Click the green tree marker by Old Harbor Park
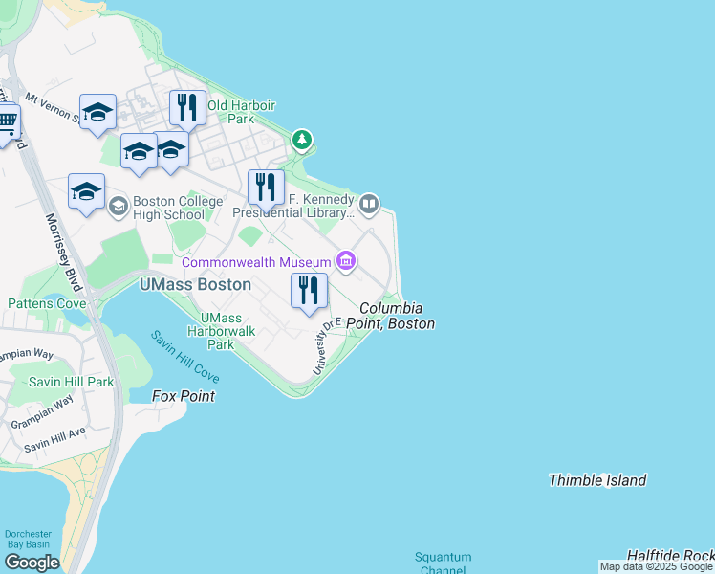pyautogui.click(x=302, y=141)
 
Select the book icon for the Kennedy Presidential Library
pyautogui.click(x=369, y=203)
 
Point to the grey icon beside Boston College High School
pyautogui.click(x=119, y=207)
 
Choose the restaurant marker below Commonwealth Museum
pyautogui.click(x=309, y=291)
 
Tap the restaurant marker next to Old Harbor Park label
pyautogui.click(x=188, y=107)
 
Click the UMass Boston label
pyautogui.click(x=195, y=284)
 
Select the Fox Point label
pyautogui.click(x=184, y=395)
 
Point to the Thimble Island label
pyautogui.click(x=597, y=480)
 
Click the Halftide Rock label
pyautogui.click(x=670, y=555)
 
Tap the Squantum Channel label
pyautogui.click(x=443, y=563)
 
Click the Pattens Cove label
pyautogui.click(x=47, y=303)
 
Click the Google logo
pyautogui.click(x=32, y=562)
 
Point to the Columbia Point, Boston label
pyautogui.click(x=397, y=317)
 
